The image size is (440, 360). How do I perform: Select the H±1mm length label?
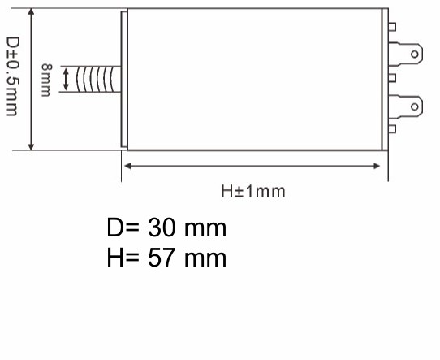(x=253, y=192)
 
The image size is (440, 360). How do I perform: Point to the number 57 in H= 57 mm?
(x=161, y=258)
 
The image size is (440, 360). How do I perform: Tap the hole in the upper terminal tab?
(x=415, y=54)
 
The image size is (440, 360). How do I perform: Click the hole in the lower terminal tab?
(x=415, y=105)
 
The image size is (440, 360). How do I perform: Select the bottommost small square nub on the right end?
(x=392, y=128)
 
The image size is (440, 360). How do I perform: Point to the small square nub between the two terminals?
(x=392, y=78)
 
